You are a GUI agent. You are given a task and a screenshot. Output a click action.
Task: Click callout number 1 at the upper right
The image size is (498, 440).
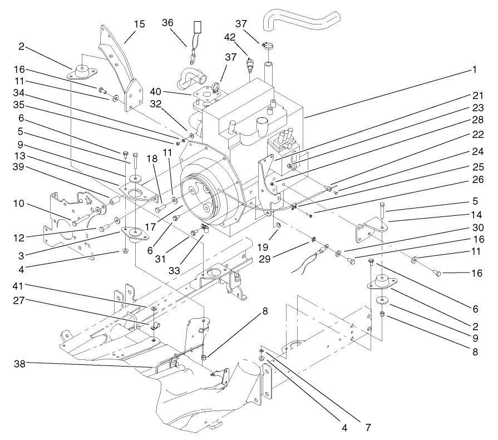[474, 70]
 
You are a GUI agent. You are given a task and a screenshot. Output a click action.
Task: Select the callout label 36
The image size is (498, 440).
[168, 23]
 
